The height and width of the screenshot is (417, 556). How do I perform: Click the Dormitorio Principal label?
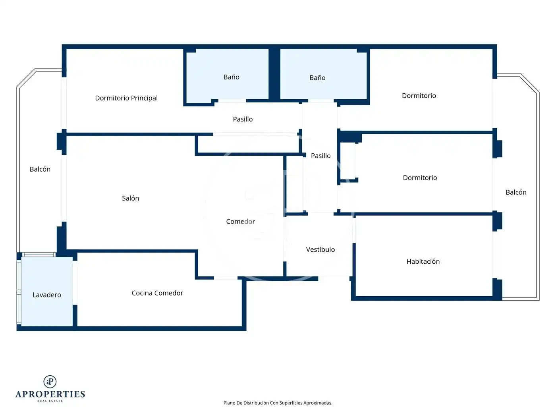pos(126,98)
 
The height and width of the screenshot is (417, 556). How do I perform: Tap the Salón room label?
pos(130,198)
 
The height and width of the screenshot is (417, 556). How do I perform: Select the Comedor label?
pos(240,221)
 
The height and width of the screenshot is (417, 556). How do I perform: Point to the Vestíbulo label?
pos(320,249)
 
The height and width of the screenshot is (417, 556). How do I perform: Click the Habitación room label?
pos(423,261)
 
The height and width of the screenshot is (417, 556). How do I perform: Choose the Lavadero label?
pos(46,295)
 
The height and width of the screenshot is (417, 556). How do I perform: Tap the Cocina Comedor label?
pos(157,293)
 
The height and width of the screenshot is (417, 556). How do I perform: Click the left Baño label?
pos(231,77)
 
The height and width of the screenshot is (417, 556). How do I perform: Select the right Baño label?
pos(317,78)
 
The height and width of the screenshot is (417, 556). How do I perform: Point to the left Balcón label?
pos(40,169)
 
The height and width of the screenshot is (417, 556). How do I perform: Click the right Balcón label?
pos(516,192)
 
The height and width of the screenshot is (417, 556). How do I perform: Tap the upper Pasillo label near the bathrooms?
pos(243,119)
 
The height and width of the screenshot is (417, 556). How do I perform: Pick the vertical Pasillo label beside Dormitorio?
pos(320,155)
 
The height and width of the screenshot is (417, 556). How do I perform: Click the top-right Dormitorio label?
pos(419,95)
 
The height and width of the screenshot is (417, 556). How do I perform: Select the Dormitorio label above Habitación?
pos(420,178)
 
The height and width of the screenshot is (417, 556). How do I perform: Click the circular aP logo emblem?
pos(50,382)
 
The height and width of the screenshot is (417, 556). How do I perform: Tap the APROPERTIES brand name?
pos(50,394)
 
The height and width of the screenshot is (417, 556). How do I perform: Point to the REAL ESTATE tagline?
pos(50,401)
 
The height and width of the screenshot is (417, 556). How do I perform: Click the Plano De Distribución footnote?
pos(278,403)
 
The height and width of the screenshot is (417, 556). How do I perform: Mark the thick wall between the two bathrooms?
pos(274,74)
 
